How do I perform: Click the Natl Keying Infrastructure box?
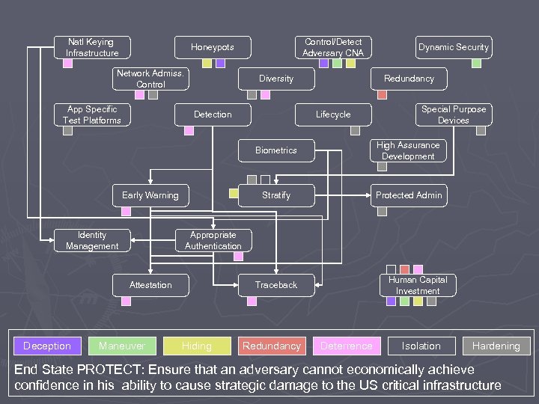click(92, 47)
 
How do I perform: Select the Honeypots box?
click(212, 47)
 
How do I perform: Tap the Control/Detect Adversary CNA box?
click(333, 47)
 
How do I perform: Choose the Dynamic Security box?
click(453, 47)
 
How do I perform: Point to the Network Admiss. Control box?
click(150, 79)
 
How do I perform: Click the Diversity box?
click(276, 79)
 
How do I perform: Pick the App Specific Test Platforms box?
click(92, 114)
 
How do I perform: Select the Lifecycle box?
click(333, 114)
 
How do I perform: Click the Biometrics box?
click(276, 150)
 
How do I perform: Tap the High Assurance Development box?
click(408, 150)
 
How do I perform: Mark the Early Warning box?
click(150, 195)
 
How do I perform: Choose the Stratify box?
click(276, 195)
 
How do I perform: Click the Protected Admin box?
click(409, 195)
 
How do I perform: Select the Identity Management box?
click(92, 240)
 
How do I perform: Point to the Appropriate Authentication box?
click(213, 240)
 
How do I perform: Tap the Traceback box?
click(276, 285)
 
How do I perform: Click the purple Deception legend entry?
click(46, 346)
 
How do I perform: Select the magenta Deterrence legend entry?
click(346, 346)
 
